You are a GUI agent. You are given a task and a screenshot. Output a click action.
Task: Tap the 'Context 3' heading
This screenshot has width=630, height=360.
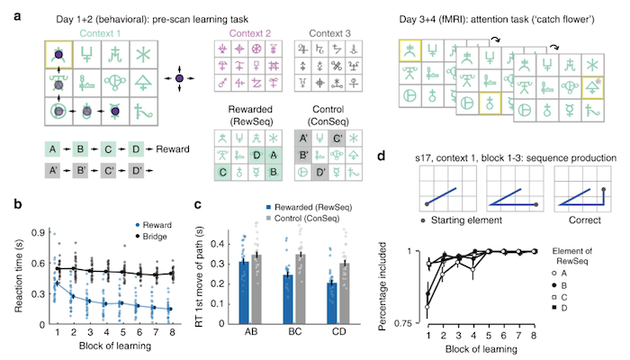[x=317, y=35]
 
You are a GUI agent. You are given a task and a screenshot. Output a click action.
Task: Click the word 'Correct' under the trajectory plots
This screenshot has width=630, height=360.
[x=572, y=217]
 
